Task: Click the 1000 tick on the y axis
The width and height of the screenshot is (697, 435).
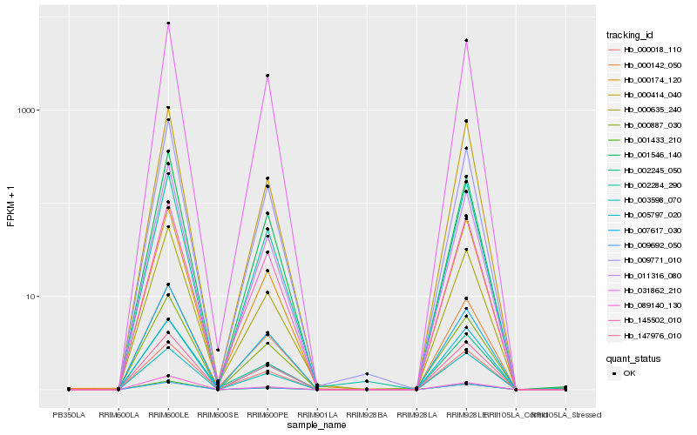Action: [x=33, y=110]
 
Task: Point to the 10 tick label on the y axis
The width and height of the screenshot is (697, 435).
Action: [x=36, y=297]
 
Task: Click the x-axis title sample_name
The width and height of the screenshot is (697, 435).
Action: [x=317, y=425]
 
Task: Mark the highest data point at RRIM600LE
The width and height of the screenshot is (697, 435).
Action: [x=168, y=23]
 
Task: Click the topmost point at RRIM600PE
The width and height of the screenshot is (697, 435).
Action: [x=267, y=76]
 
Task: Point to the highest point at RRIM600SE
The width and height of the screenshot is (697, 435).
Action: [x=218, y=351]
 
